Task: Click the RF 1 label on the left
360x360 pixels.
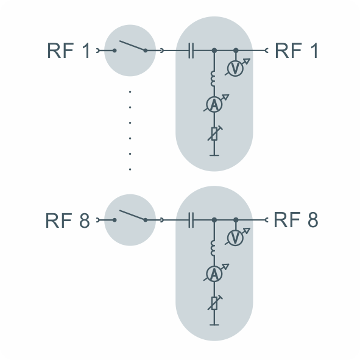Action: pyautogui.click(x=68, y=51)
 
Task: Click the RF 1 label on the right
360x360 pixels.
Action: pyautogui.click(x=296, y=51)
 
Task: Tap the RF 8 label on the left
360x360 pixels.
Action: pyautogui.click(x=68, y=220)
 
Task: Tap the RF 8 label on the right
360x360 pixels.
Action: pyautogui.click(x=296, y=220)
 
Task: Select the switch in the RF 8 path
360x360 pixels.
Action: pyautogui.click(x=130, y=216)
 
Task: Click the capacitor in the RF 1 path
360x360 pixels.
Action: pyautogui.click(x=191, y=51)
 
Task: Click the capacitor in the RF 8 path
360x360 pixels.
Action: pyautogui.click(x=191, y=220)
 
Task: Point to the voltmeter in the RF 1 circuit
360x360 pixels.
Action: pyautogui.click(x=236, y=68)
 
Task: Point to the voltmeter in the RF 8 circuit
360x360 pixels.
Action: pyautogui.click(x=236, y=238)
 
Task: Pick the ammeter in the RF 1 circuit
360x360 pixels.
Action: pyautogui.click(x=214, y=104)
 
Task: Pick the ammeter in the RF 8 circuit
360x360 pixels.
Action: pyautogui.click(x=214, y=274)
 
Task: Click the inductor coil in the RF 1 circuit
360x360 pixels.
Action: pyautogui.click(x=213, y=79)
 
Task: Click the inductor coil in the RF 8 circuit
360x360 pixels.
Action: pyautogui.click(x=213, y=248)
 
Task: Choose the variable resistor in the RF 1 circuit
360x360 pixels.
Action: pyautogui.click(x=214, y=133)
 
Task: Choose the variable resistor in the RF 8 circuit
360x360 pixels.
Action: pyautogui.click(x=214, y=303)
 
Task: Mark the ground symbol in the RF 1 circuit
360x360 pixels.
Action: pyautogui.click(x=214, y=155)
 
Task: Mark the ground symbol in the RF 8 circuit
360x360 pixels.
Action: pyautogui.click(x=214, y=325)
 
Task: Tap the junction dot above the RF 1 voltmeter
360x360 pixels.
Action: pyautogui.click(x=236, y=51)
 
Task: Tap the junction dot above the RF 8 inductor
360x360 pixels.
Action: pyautogui.click(x=214, y=220)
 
